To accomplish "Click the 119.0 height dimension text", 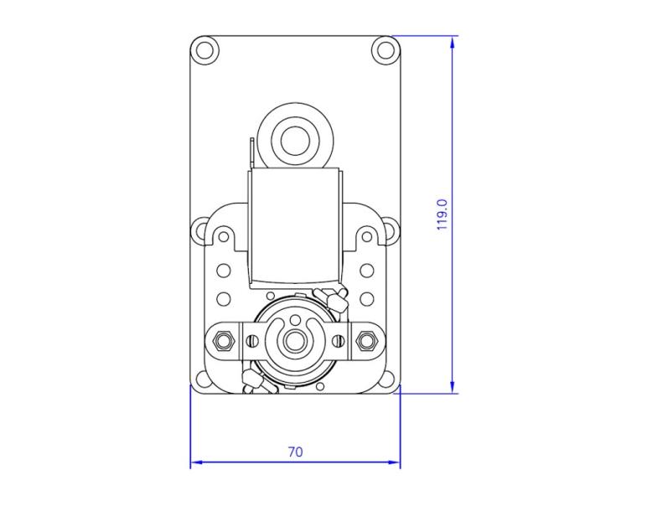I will (x=443, y=214).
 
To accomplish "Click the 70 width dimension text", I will (x=295, y=452).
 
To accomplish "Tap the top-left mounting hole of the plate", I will (x=203, y=49).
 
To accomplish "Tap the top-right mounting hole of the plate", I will (x=386, y=49).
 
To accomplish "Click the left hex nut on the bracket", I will (x=223, y=340).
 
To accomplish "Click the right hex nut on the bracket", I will (x=365, y=340).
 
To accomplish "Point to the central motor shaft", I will (x=294, y=341).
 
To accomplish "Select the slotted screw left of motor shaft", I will (x=251, y=340).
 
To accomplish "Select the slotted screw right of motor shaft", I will (x=337, y=340).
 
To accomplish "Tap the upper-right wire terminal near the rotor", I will (x=334, y=297).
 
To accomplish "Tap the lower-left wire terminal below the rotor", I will (x=252, y=383).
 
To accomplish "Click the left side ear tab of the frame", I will (x=200, y=230).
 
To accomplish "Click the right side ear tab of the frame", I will (x=390, y=230).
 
